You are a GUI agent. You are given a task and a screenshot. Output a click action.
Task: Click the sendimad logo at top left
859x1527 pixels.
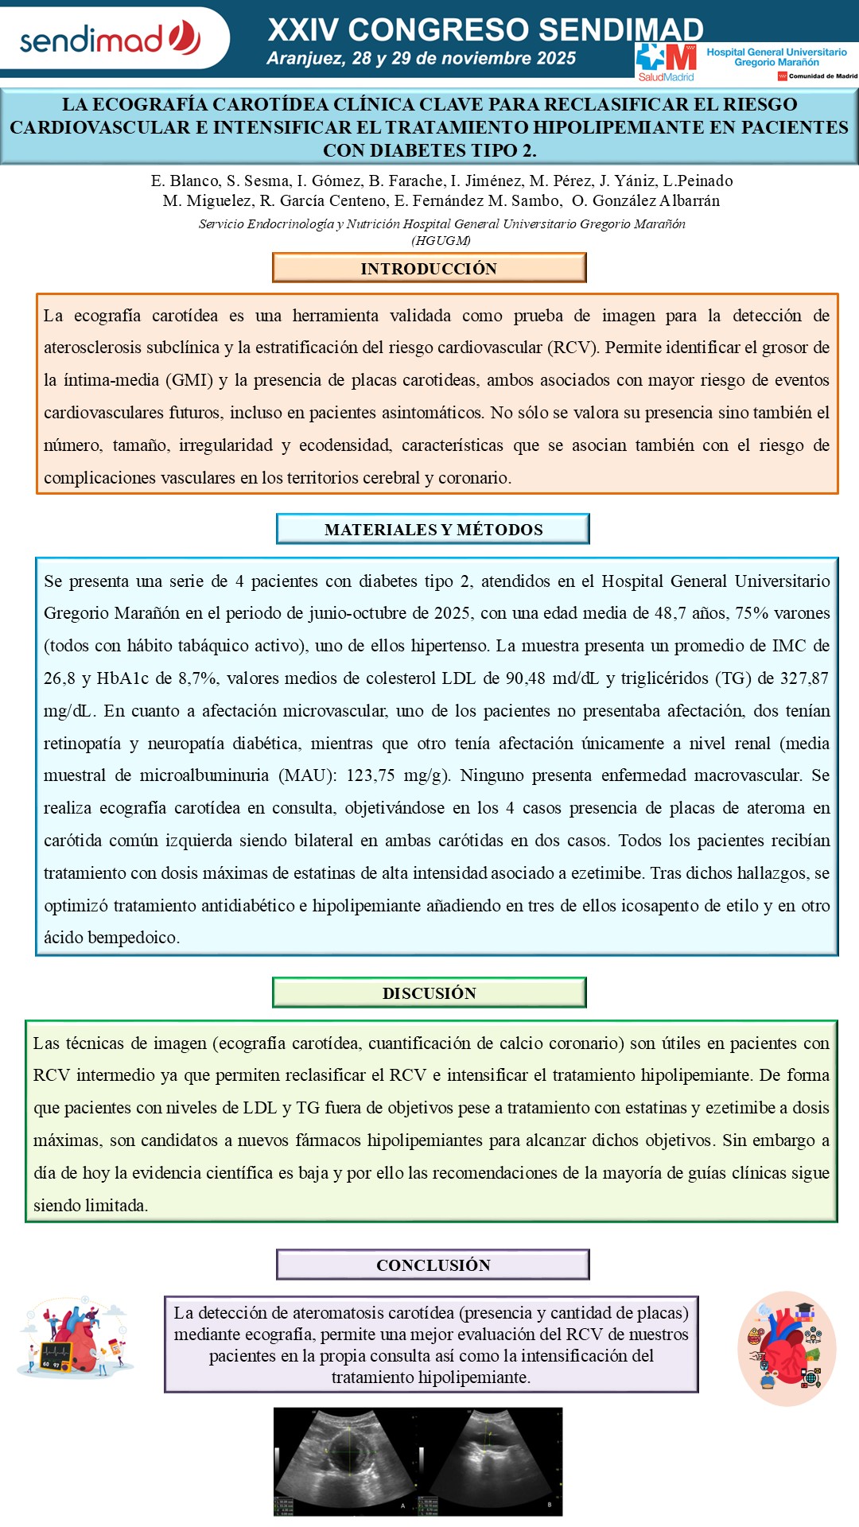coord(110,38)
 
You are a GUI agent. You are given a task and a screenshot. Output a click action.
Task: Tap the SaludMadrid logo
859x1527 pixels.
coord(666,62)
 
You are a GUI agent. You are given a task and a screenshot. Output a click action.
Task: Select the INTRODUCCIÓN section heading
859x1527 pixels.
coord(429,268)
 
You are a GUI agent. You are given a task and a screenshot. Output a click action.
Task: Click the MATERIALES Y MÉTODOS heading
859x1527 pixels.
coord(433,529)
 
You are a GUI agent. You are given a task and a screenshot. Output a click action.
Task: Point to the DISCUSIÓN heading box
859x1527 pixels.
coord(429,993)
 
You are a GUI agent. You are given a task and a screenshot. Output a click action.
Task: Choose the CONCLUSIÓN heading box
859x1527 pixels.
coord(433,1265)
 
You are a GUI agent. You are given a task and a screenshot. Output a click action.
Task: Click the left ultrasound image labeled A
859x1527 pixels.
coord(347,1461)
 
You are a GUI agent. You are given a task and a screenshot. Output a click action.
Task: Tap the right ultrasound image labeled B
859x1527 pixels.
coord(492,1461)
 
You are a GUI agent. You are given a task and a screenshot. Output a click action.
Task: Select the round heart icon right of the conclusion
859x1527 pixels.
coord(787,1348)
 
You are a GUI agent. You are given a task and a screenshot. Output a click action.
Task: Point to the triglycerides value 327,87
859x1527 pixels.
coord(803,678)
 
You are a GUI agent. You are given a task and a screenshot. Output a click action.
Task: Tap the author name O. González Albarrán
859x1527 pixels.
coord(646,200)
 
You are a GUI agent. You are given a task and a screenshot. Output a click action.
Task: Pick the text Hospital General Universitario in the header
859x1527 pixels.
coord(776,52)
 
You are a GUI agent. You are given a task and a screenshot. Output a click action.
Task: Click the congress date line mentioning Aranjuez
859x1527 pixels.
coord(421,58)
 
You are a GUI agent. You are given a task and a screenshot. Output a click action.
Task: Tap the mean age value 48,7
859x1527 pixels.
coord(668,613)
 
